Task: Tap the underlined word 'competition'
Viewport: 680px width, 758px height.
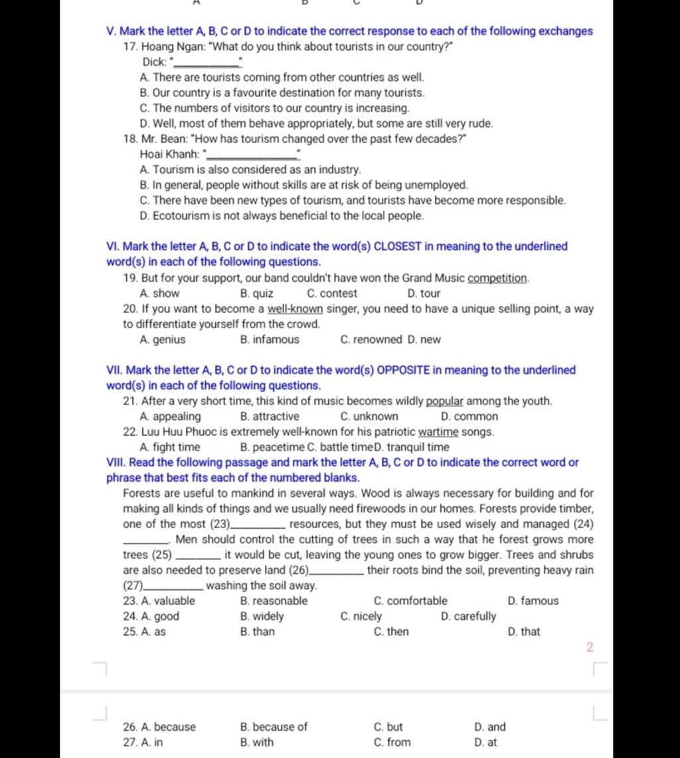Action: (x=498, y=278)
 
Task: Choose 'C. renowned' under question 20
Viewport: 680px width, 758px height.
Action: (x=371, y=340)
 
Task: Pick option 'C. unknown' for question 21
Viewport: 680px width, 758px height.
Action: (x=369, y=417)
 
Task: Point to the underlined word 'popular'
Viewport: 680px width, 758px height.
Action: (x=444, y=401)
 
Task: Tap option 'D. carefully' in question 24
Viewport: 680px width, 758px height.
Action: (x=468, y=616)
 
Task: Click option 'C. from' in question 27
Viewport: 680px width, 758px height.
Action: (x=392, y=743)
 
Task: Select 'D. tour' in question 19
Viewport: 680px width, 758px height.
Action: (x=424, y=294)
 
